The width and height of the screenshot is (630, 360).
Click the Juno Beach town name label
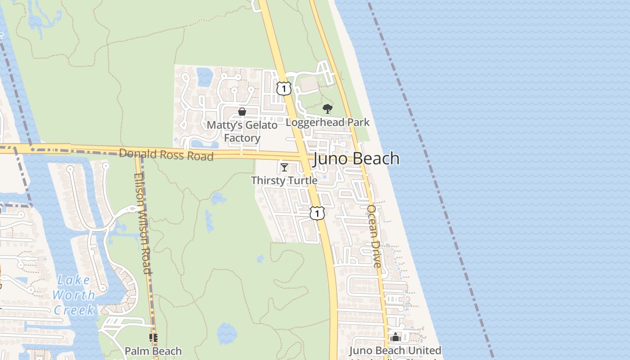point(356,158)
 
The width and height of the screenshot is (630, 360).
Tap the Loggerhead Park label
point(328,122)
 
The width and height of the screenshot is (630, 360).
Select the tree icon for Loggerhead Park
point(328,108)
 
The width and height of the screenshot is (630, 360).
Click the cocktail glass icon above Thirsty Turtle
point(284,167)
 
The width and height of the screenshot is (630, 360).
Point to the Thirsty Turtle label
point(284,180)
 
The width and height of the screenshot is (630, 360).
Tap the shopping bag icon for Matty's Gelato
point(242,112)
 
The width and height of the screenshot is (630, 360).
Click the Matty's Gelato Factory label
point(242,131)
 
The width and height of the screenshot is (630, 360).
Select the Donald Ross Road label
point(166,154)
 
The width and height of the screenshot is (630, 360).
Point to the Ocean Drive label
point(374,236)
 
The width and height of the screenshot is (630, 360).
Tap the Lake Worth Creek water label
point(74,295)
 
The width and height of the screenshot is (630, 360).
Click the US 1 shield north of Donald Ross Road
point(283,88)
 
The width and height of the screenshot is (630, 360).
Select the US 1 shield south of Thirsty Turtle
point(317,213)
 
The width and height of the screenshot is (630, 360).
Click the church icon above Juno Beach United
point(395,337)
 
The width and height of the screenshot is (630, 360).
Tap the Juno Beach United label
point(395,351)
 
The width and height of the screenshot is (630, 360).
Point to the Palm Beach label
point(153,351)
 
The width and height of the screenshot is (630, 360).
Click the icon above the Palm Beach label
point(153,337)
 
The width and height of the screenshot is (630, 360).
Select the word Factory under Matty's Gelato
point(242,138)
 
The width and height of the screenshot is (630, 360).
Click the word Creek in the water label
point(74,310)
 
